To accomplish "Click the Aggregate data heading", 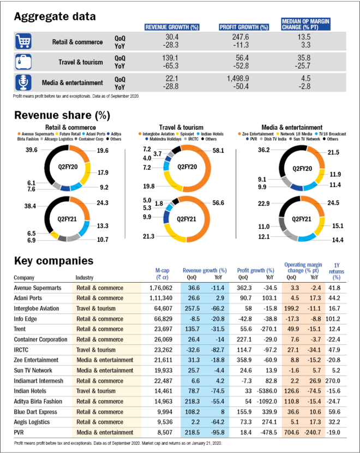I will point(55,16).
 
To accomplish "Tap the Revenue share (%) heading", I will point(62,115).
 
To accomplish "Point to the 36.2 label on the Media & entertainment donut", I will point(264,150).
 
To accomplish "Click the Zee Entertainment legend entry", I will point(260,133).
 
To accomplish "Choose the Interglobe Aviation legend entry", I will point(160,133).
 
